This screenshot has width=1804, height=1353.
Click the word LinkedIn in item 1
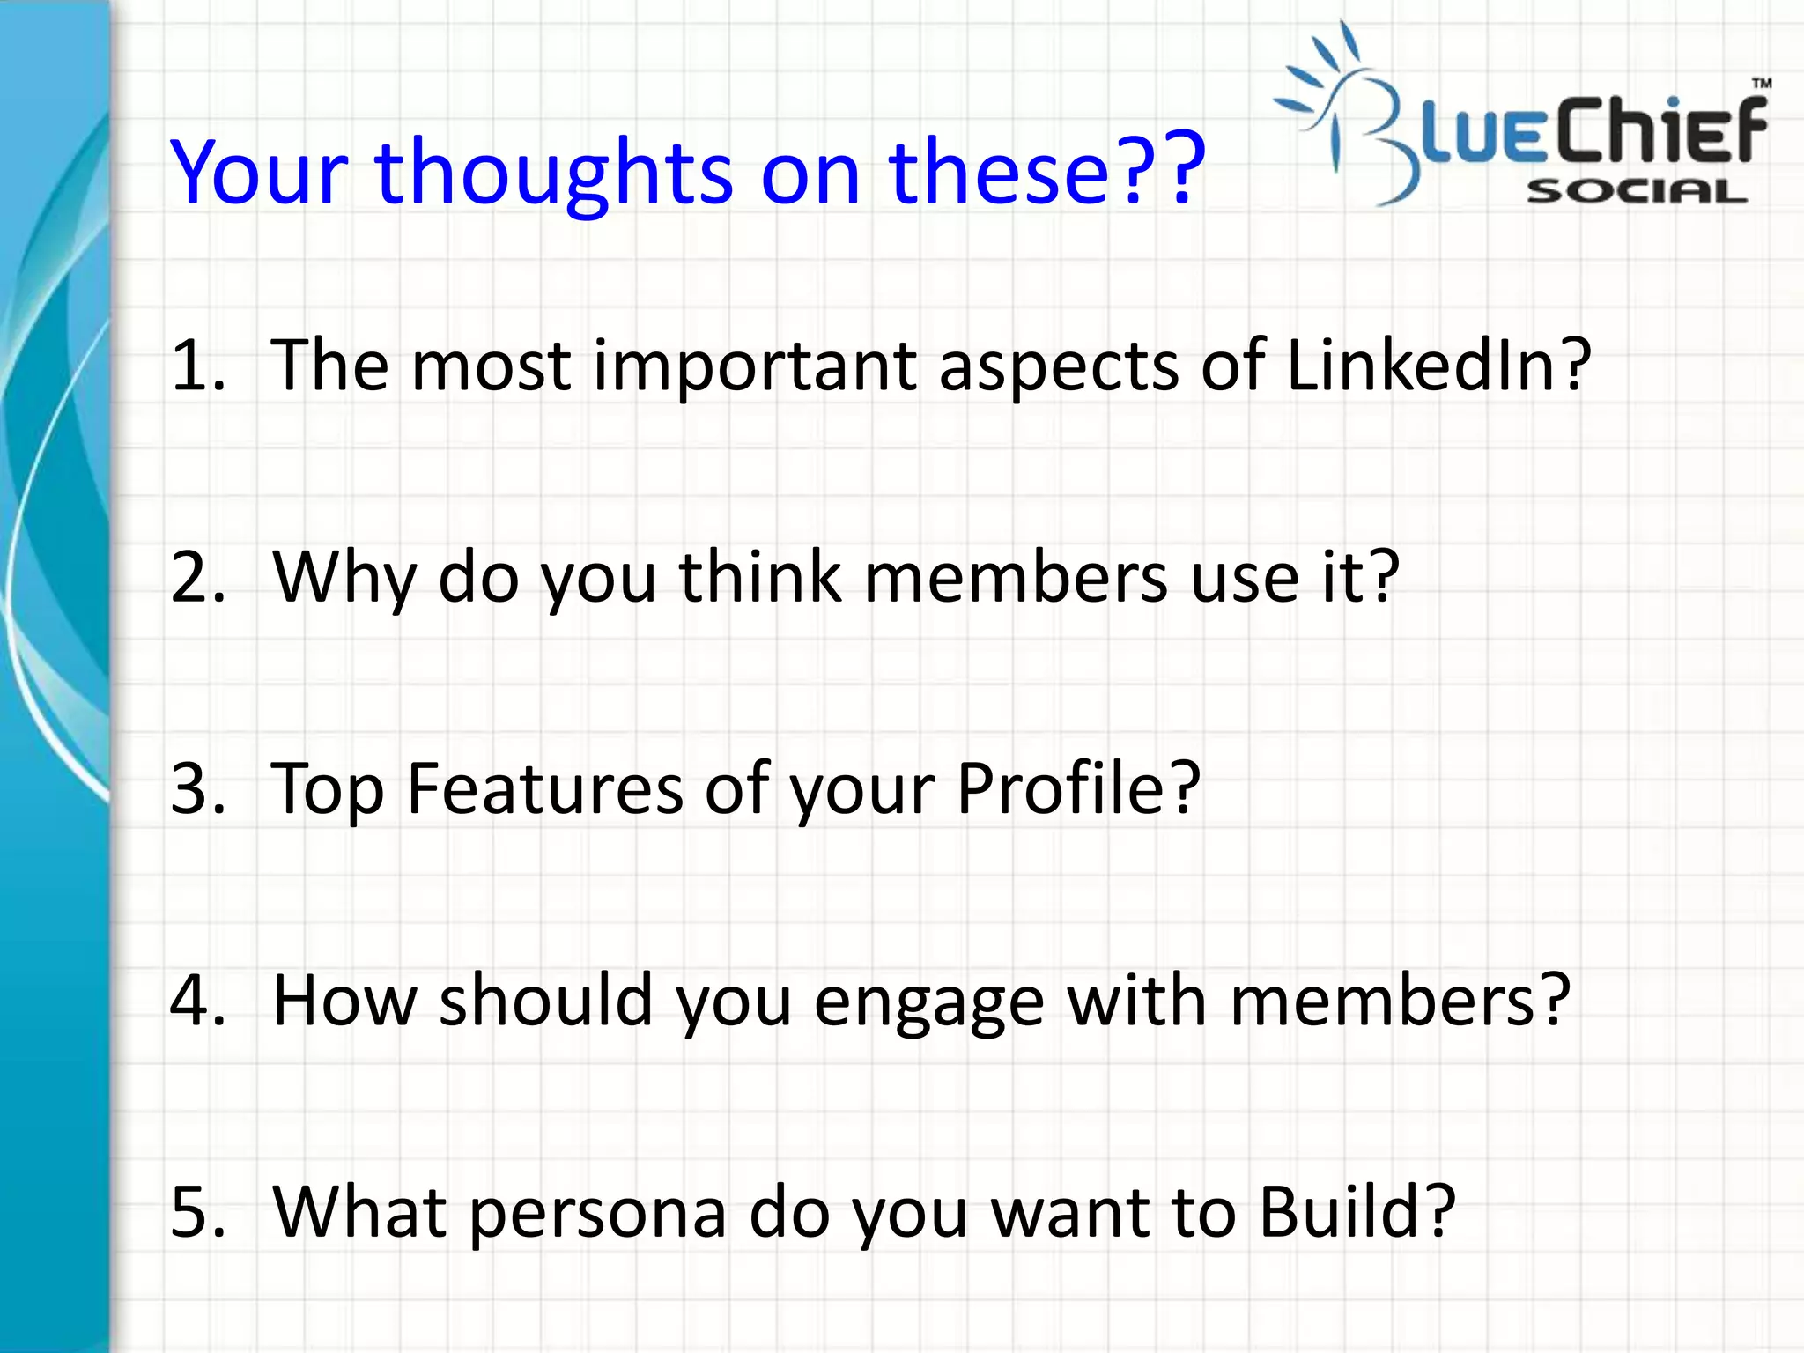1427,365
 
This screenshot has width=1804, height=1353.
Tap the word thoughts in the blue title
553,173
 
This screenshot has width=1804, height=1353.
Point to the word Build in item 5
1346,1211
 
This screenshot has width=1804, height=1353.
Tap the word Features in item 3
544,788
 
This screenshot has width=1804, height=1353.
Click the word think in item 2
760,577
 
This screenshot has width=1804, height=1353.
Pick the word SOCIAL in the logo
1636,191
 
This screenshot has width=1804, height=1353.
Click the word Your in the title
259,173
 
